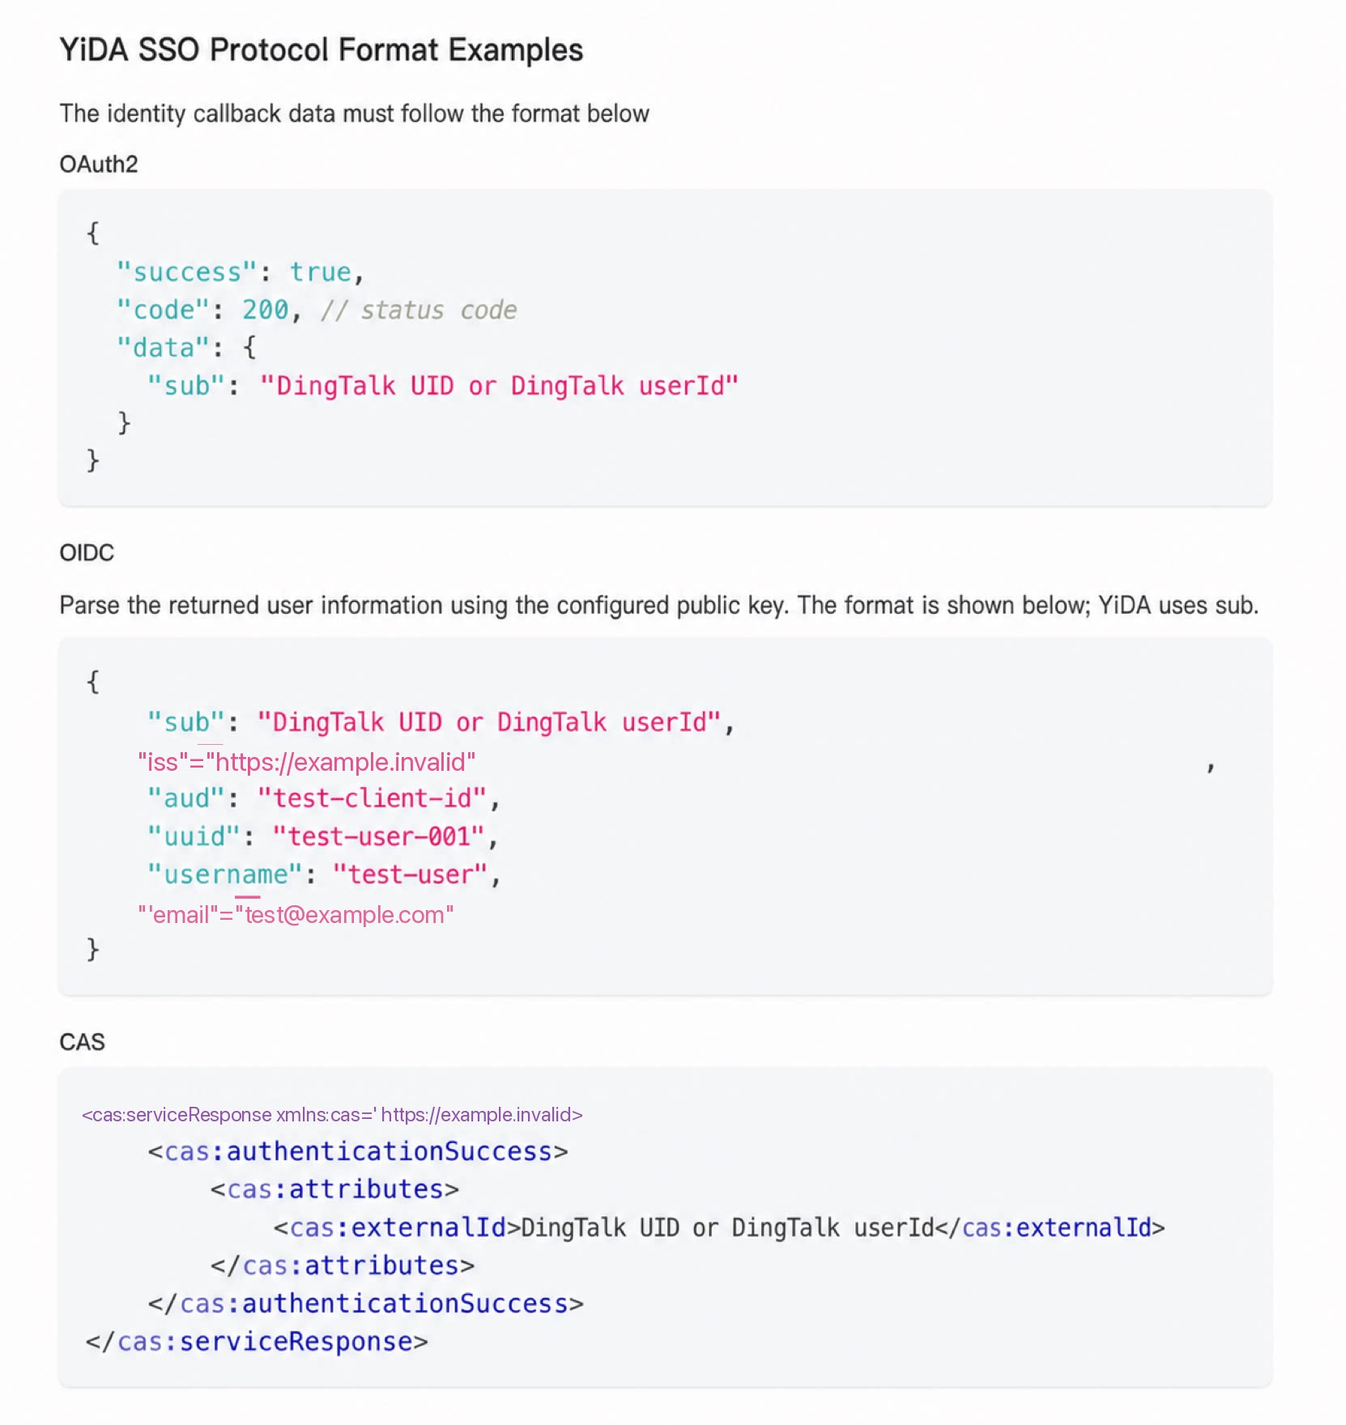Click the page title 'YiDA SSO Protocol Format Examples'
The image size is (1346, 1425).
321,50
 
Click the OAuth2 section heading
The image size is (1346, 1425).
99,164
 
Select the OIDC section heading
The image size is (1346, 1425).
87,553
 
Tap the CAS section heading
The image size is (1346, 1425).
82,1042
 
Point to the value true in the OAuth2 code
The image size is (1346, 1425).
321,272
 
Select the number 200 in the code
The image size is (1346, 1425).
266,310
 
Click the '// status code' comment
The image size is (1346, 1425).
419,310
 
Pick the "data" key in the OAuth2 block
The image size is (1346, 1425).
164,348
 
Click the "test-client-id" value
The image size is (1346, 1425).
373,799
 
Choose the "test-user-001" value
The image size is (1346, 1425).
378,837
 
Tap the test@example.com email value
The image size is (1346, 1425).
345,916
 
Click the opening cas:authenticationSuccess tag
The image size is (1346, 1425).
358,1152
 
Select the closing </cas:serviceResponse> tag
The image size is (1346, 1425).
257,1342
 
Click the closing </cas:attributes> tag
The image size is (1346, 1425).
343,1266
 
